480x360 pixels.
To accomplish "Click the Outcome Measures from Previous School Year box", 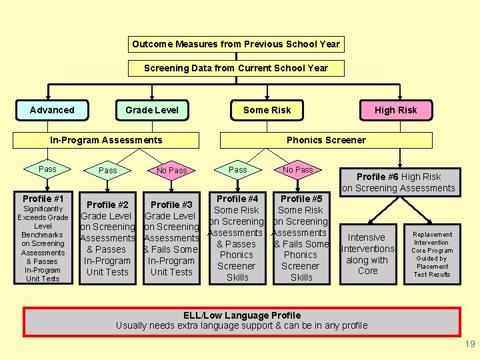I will coord(236,45).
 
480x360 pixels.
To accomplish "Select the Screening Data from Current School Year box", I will coord(236,68).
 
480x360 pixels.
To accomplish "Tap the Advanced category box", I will coord(52,110).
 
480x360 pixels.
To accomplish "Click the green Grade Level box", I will coord(152,110).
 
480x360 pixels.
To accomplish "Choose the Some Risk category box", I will coord(267,110).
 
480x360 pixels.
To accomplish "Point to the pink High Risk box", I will coord(395,110).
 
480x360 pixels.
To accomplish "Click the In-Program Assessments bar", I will coord(107,140).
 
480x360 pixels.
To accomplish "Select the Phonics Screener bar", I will coord(326,140).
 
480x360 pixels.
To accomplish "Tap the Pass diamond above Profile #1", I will coord(47,169).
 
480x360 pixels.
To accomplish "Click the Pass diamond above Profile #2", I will coord(108,171).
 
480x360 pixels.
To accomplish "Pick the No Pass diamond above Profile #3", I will coord(171,171).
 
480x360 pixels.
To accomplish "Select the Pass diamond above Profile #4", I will coord(238,170).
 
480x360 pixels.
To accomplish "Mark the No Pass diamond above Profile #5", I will coord(298,170).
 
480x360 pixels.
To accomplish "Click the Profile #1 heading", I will coord(43,199).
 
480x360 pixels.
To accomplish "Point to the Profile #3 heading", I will coord(171,205).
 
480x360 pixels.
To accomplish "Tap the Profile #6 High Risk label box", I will coord(399,182).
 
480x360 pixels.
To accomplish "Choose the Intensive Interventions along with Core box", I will coord(367,254).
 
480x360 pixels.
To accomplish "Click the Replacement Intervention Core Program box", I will coord(432,254).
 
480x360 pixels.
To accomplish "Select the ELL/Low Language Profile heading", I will coord(242,315).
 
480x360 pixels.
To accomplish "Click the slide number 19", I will coord(470,345).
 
